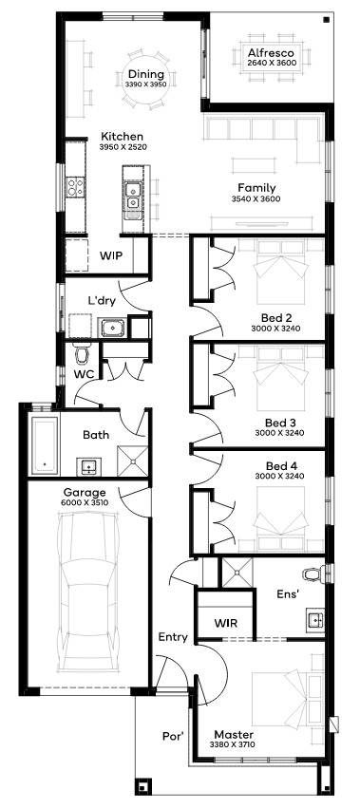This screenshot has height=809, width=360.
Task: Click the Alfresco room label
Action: [271, 52]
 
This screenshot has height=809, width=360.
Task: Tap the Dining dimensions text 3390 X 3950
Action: [146, 85]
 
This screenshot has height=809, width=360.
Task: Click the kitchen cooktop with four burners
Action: [76, 186]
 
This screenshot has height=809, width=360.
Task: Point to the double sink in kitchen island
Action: [133, 196]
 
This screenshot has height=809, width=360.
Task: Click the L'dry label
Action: [101, 299]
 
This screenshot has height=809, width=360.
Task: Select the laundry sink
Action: [111, 328]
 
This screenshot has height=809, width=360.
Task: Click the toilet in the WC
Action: [82, 352]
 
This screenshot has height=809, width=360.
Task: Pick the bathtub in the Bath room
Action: [45, 445]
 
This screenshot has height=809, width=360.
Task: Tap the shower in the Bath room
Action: [133, 460]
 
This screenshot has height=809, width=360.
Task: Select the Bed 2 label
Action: [275, 317]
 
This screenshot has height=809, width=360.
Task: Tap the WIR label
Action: [226, 623]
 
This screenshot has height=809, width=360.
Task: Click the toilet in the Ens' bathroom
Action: [313, 574]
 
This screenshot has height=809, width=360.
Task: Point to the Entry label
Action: [173, 638]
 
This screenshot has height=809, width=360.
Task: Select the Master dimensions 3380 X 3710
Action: [235, 744]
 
